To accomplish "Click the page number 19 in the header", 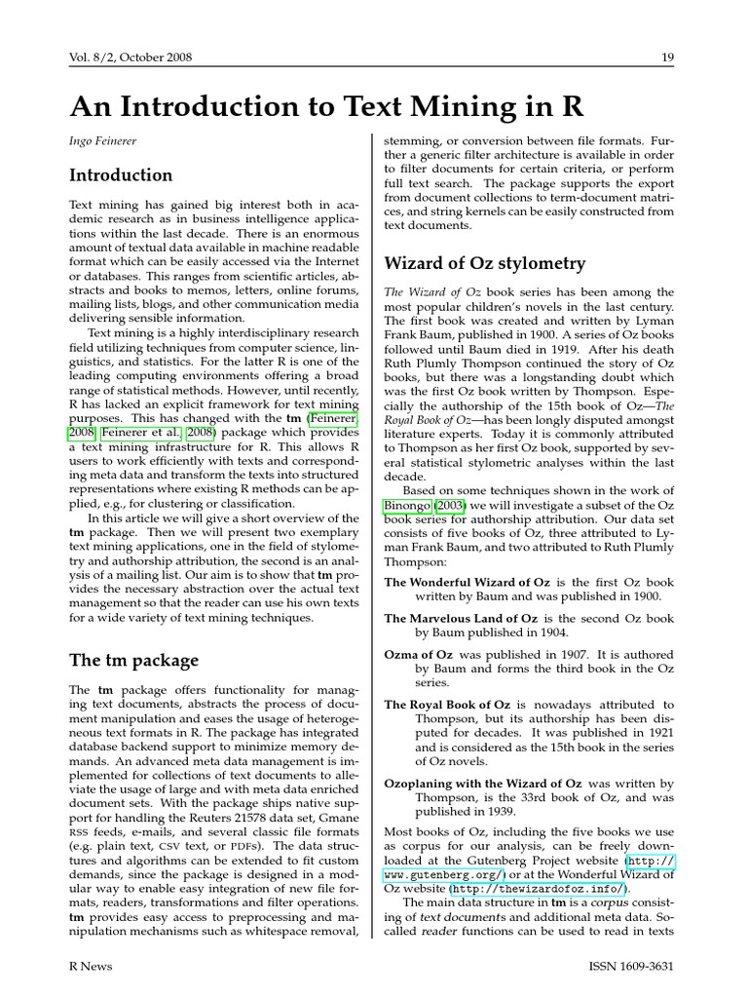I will click(667, 58).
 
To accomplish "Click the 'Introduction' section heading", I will click(121, 175).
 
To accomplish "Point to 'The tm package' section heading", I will click(133, 660).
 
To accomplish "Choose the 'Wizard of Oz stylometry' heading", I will click(485, 263).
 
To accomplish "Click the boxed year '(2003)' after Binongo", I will click(451, 507).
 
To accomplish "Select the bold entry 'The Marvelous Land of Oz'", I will click(461, 619).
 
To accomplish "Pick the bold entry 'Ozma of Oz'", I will click(419, 655).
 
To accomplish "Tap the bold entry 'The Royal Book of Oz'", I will click(448, 705).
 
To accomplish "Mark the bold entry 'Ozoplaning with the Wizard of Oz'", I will click(483, 784).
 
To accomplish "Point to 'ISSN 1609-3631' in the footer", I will click(631, 966).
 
